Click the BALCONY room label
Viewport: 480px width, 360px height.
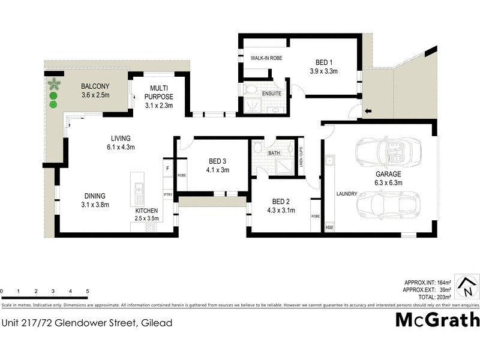(95, 85)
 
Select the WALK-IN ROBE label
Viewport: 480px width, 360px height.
(266, 58)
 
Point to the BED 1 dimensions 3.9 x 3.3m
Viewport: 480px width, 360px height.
(324, 71)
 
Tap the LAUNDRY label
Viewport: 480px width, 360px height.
(347, 194)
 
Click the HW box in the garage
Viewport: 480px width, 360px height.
(329, 228)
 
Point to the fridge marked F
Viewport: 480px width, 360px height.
(167, 169)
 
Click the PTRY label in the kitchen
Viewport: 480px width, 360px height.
(168, 195)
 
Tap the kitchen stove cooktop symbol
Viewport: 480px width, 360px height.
(151, 227)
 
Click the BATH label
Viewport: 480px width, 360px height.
(274, 153)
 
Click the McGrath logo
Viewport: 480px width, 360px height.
(437, 319)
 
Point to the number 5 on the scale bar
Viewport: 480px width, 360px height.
(88, 291)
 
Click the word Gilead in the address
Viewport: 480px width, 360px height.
(157, 323)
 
